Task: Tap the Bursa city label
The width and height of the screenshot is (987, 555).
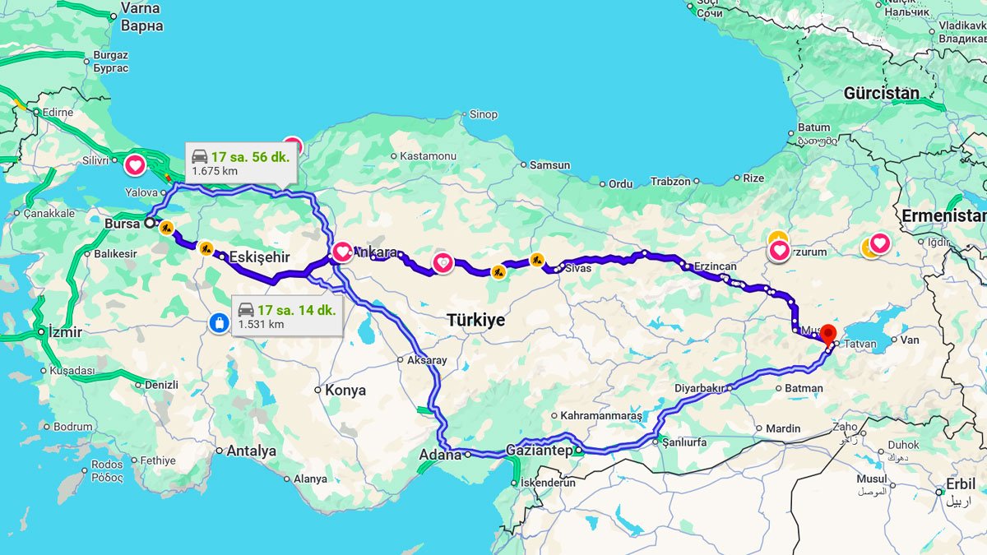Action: [123, 223]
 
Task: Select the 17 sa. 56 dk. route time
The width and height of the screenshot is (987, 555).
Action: [250, 157]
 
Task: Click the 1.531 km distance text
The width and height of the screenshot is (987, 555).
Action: [261, 324]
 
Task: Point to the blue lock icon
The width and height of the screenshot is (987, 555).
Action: [219, 322]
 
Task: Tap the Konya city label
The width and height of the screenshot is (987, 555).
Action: [345, 390]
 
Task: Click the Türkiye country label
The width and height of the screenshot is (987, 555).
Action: [476, 320]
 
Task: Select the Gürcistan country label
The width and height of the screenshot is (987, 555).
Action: [881, 93]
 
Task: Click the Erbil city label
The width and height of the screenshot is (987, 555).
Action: [961, 484]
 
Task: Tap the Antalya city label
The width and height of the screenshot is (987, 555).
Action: [251, 451]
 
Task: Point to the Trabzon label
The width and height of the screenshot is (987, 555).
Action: [670, 181]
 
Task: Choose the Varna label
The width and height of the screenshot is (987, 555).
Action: [141, 7]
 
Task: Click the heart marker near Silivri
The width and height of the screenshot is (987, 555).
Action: [136, 165]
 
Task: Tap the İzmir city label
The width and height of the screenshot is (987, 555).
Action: [65, 332]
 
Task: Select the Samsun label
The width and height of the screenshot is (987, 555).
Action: [549, 165]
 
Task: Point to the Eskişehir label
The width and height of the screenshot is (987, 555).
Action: [259, 257]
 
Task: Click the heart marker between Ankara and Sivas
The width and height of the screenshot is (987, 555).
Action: [443, 263]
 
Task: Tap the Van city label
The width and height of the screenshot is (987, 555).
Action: [909, 340]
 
